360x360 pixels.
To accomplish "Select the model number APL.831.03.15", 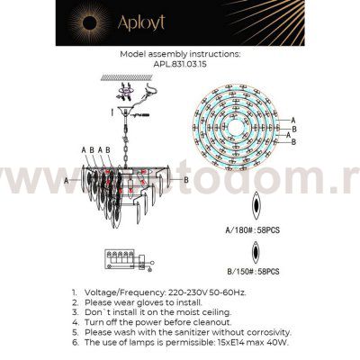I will coord(179,64).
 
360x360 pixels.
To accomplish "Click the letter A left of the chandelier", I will coord(67,180).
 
